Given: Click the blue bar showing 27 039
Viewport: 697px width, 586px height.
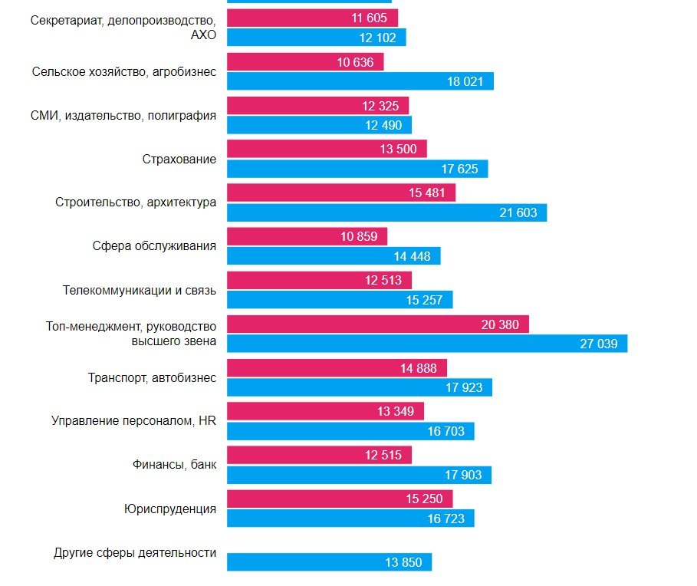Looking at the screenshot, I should (426, 344).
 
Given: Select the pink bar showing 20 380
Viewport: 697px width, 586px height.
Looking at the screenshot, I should (377, 324).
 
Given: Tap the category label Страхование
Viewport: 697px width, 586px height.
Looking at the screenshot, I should (179, 160).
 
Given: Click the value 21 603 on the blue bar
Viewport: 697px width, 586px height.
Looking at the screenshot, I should (518, 212).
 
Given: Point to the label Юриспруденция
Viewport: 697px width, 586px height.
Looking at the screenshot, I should (169, 509).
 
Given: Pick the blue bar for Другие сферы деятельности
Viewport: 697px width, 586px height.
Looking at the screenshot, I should (329, 562).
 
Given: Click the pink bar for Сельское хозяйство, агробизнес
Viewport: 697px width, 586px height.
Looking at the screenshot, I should (304, 62).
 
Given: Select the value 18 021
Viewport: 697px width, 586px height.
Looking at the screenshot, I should (465, 81).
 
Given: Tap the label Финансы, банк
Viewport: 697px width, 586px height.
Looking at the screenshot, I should (173, 465).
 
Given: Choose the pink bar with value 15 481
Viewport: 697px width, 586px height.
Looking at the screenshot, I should (340, 193).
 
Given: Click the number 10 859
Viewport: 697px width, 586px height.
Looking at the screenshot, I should (359, 237).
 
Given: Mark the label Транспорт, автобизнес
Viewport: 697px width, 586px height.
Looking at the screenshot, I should (152, 378).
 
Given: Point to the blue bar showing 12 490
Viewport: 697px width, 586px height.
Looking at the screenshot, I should (319, 125).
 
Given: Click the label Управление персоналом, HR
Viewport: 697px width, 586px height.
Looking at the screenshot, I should (133, 421).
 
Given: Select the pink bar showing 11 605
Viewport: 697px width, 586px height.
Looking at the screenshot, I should (312, 18).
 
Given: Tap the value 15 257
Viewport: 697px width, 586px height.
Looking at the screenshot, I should (424, 300).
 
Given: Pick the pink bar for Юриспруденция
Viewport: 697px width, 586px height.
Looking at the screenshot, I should (340, 499).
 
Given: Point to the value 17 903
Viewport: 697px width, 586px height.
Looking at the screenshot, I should (463, 476).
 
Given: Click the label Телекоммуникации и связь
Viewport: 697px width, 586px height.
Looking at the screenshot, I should (139, 291).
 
